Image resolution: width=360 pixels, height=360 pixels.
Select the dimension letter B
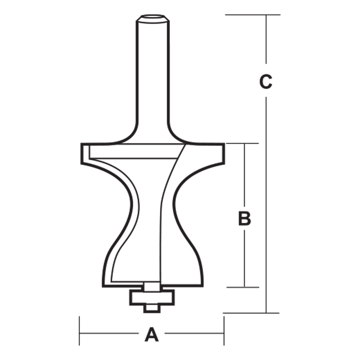(244, 219)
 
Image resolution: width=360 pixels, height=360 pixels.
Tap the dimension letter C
(266, 82)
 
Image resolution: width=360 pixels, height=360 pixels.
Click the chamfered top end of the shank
(152, 18)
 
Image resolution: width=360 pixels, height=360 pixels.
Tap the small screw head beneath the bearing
(152, 309)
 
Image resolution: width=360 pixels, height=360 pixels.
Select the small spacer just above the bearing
(152, 287)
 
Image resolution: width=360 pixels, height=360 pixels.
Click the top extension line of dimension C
(252, 15)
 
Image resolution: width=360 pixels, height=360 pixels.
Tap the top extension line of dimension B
(243, 143)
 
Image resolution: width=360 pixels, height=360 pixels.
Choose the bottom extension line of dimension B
(243, 287)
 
